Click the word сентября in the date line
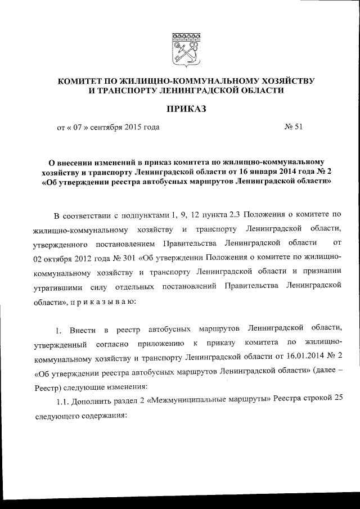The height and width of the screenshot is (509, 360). pos(114,127)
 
